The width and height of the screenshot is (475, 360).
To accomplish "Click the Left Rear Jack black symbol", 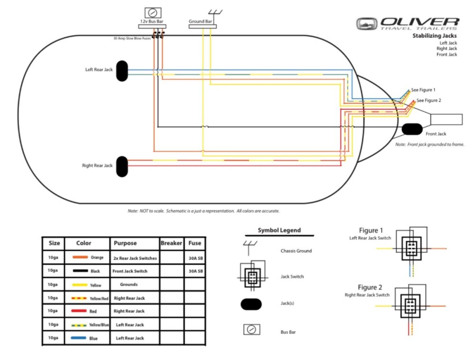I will [123, 70].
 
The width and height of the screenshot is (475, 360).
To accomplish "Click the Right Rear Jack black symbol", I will [123, 166].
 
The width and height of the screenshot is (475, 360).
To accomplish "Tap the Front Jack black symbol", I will [412, 129].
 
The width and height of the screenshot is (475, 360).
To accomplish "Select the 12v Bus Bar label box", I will [152, 21].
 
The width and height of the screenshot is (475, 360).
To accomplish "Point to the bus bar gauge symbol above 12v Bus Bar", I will [152, 12].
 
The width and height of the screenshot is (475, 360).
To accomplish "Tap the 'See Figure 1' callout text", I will [423, 90].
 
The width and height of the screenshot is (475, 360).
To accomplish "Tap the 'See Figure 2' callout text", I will [429, 100].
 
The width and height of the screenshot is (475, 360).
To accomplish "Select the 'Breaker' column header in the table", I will [171, 243].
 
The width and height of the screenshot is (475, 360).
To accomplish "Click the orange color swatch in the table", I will [81, 257].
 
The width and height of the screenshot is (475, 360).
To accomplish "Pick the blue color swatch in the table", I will [80, 338].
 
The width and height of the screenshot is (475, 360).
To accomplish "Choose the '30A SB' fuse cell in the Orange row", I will [195, 258].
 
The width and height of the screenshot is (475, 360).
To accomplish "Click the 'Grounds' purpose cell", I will [129, 284].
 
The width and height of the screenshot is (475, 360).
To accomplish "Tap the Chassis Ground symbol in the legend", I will [250, 246].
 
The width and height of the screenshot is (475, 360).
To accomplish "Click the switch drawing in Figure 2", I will [409, 304].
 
